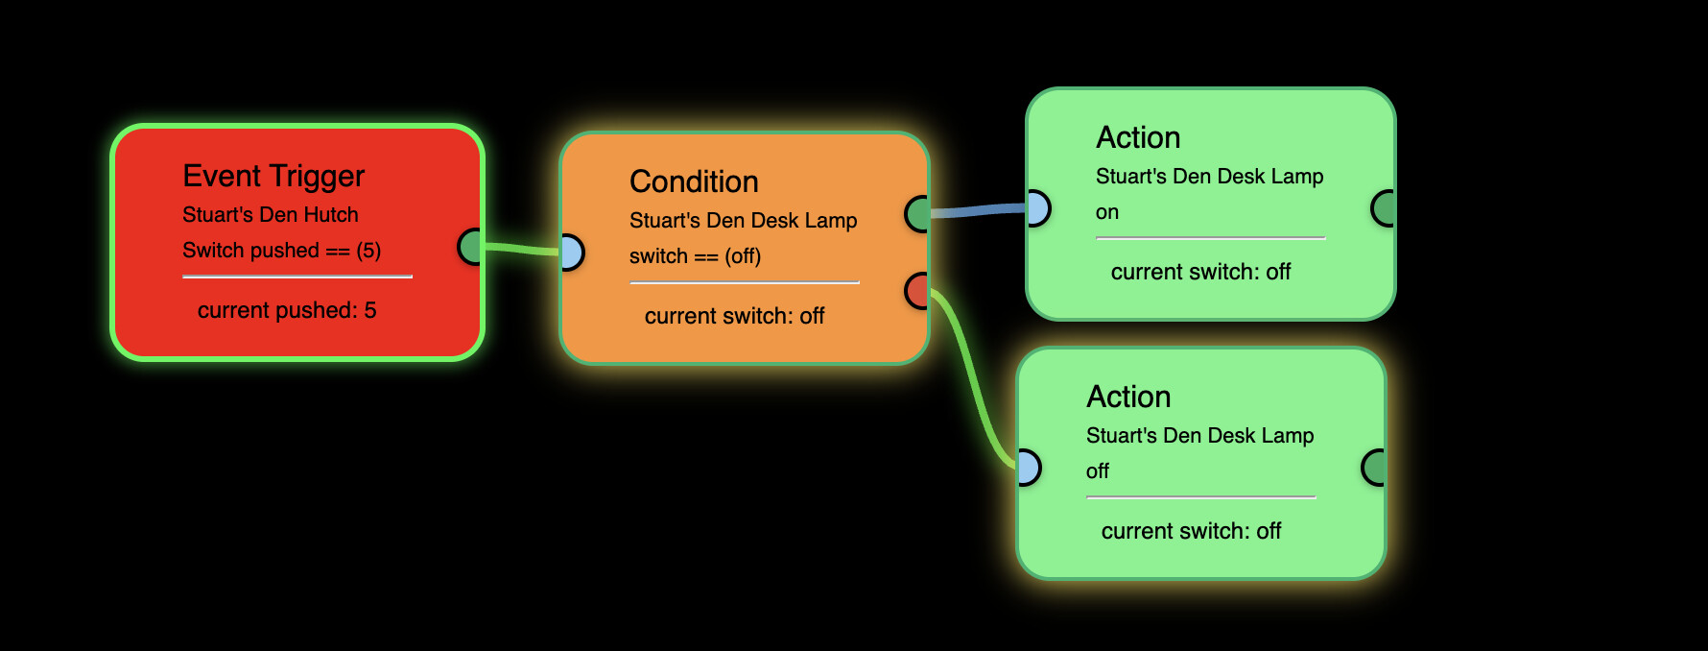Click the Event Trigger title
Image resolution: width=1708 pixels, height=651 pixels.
273,177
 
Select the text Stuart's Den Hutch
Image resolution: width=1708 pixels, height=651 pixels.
270,215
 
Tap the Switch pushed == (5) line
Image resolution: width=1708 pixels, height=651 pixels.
281,251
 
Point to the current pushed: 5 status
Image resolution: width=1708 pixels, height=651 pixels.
287,310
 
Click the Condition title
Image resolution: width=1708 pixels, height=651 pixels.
694,182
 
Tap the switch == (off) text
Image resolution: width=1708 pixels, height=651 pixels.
695,256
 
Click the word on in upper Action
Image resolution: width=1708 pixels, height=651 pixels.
1107,212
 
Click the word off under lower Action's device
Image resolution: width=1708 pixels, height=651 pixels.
1097,471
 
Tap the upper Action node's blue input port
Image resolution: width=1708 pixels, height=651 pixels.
1037,208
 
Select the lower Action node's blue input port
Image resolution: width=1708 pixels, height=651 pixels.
1028,468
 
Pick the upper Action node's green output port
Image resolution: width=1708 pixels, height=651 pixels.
1384,208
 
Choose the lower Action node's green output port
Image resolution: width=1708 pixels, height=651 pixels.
1374,468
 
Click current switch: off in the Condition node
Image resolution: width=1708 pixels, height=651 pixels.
734,316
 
